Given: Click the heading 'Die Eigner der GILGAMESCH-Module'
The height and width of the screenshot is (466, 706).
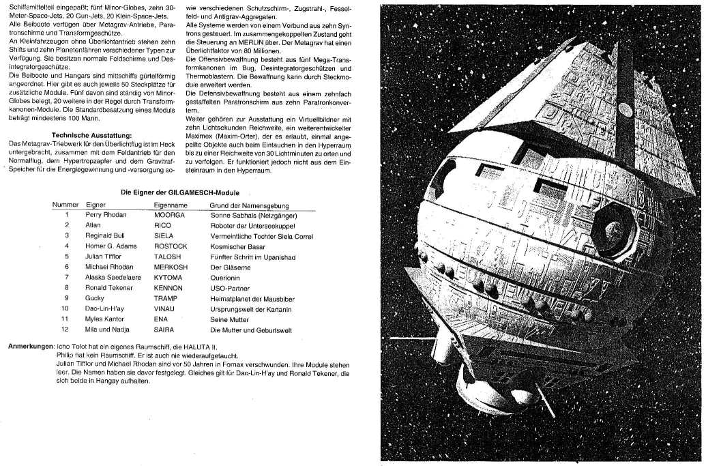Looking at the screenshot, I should (x=180, y=193).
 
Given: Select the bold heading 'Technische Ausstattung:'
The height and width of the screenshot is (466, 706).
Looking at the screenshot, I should (x=91, y=135).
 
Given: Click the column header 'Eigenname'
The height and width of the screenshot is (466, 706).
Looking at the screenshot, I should (x=171, y=205).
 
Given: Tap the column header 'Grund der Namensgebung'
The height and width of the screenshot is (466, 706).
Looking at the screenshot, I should (x=250, y=205).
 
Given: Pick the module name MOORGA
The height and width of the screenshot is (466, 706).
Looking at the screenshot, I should (x=169, y=214).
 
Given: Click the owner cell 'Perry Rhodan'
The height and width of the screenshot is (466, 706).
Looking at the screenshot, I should (x=105, y=214).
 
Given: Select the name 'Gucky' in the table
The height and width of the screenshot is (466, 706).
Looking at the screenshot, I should (x=95, y=298).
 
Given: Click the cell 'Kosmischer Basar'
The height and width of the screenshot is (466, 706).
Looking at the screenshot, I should (x=238, y=246).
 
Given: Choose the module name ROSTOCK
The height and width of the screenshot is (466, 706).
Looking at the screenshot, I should (x=171, y=246).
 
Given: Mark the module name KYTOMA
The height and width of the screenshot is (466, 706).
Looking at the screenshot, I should (x=170, y=277).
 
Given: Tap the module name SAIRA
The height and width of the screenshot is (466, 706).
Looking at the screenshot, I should (x=165, y=330).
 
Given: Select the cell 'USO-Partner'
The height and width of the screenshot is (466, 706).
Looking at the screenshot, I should (x=231, y=288).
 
